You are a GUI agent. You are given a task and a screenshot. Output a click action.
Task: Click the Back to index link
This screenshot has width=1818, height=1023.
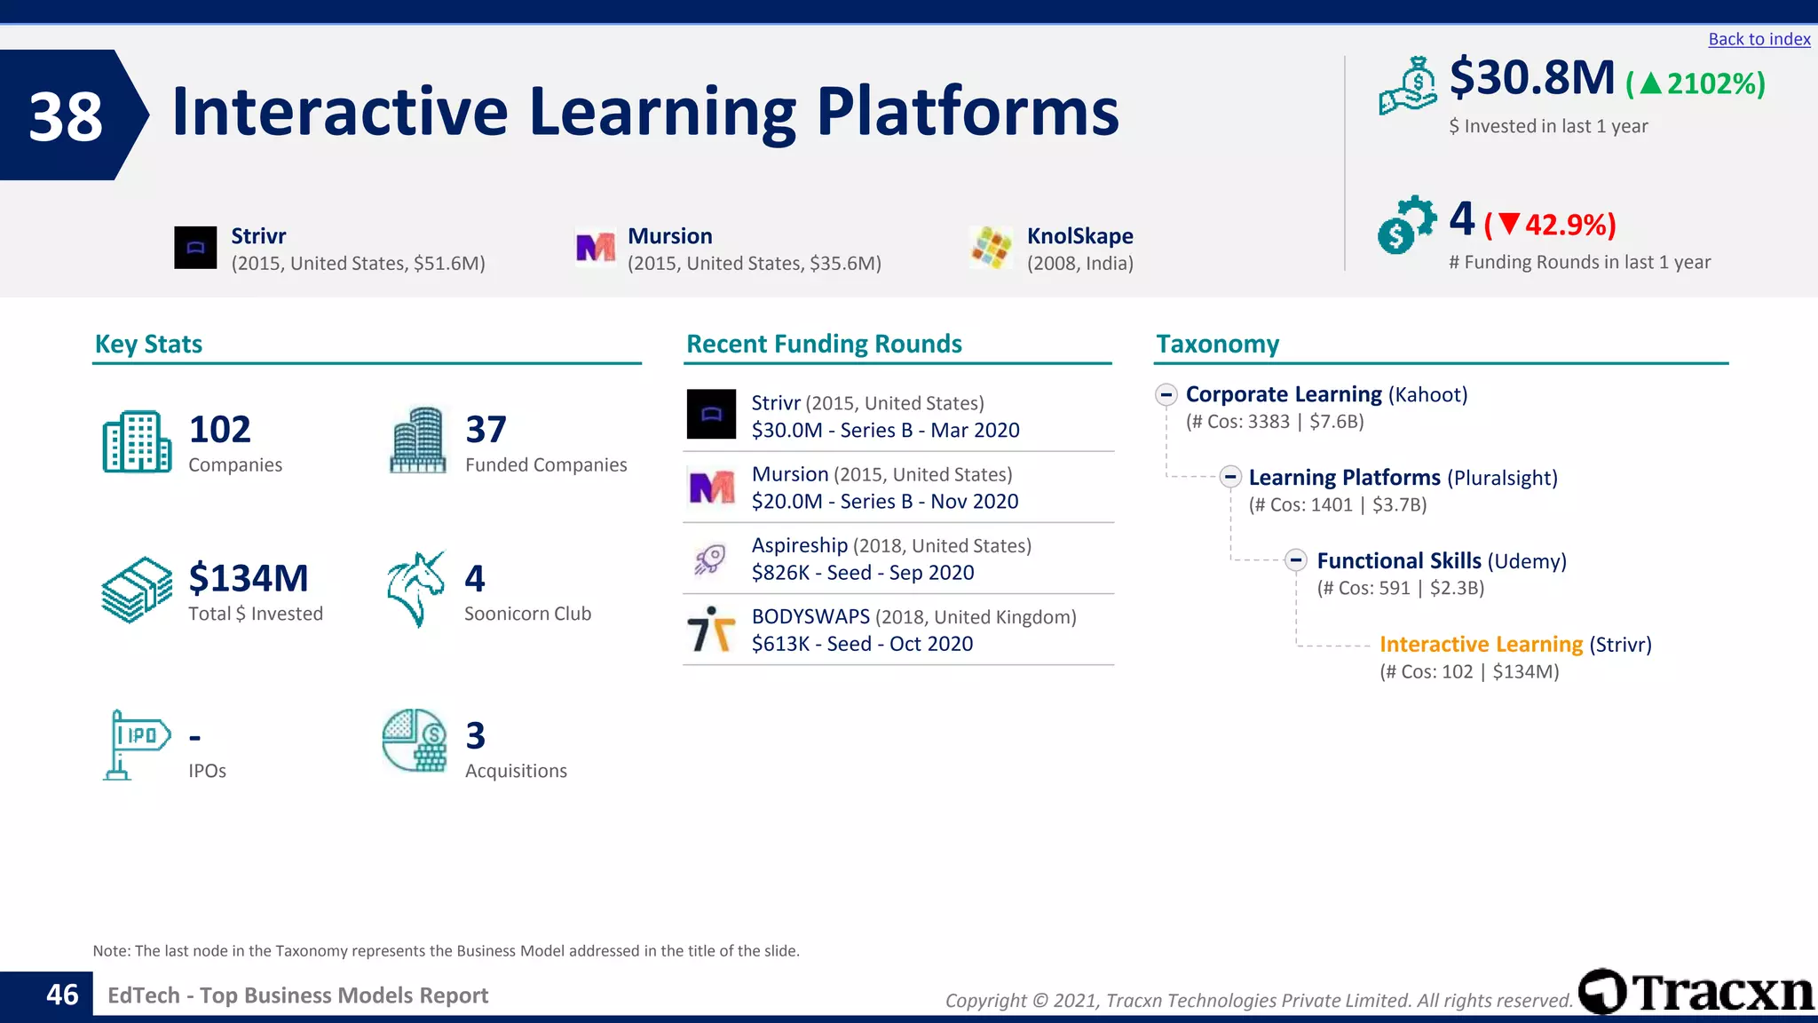(1759, 39)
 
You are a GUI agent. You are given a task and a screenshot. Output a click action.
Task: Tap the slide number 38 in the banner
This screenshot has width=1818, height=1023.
(66, 116)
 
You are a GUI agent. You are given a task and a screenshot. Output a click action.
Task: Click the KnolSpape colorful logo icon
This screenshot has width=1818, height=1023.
(992, 248)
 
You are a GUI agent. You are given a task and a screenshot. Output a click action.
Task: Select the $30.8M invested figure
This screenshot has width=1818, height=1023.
(1532, 78)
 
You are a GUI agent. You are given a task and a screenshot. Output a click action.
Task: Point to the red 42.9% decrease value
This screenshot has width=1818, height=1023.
(1569, 225)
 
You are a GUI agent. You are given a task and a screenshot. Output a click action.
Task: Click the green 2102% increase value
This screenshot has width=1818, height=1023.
(1714, 84)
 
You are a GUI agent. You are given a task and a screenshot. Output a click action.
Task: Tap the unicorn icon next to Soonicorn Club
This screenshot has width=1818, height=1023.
(415, 589)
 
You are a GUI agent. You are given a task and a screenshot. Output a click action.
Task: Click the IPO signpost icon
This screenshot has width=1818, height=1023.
(136, 744)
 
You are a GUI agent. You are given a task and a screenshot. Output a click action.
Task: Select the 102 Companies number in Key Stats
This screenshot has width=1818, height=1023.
(219, 430)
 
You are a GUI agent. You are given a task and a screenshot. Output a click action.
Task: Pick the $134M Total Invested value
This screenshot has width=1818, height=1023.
(249, 578)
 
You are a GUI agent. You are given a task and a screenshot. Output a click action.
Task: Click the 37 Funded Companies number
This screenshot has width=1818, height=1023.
(486, 430)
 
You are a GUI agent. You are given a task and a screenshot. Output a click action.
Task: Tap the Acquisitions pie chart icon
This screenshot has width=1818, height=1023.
(415, 741)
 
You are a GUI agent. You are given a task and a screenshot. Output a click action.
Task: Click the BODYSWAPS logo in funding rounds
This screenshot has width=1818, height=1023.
(711, 630)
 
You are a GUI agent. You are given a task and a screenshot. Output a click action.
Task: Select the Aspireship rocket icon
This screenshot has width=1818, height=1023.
(711, 559)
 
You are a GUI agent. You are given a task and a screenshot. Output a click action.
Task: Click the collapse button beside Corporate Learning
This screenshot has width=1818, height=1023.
(1166, 394)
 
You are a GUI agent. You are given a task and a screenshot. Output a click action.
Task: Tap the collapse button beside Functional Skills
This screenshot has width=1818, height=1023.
(1296, 560)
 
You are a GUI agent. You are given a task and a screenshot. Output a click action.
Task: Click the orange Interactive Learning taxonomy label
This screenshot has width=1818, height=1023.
(1481, 644)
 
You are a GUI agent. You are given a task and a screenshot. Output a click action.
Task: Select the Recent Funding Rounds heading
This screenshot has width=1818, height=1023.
(824, 344)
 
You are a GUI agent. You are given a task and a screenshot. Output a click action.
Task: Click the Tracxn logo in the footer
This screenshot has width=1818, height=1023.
(1696, 991)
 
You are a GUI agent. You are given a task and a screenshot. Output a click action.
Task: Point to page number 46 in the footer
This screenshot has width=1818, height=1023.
(62, 995)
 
